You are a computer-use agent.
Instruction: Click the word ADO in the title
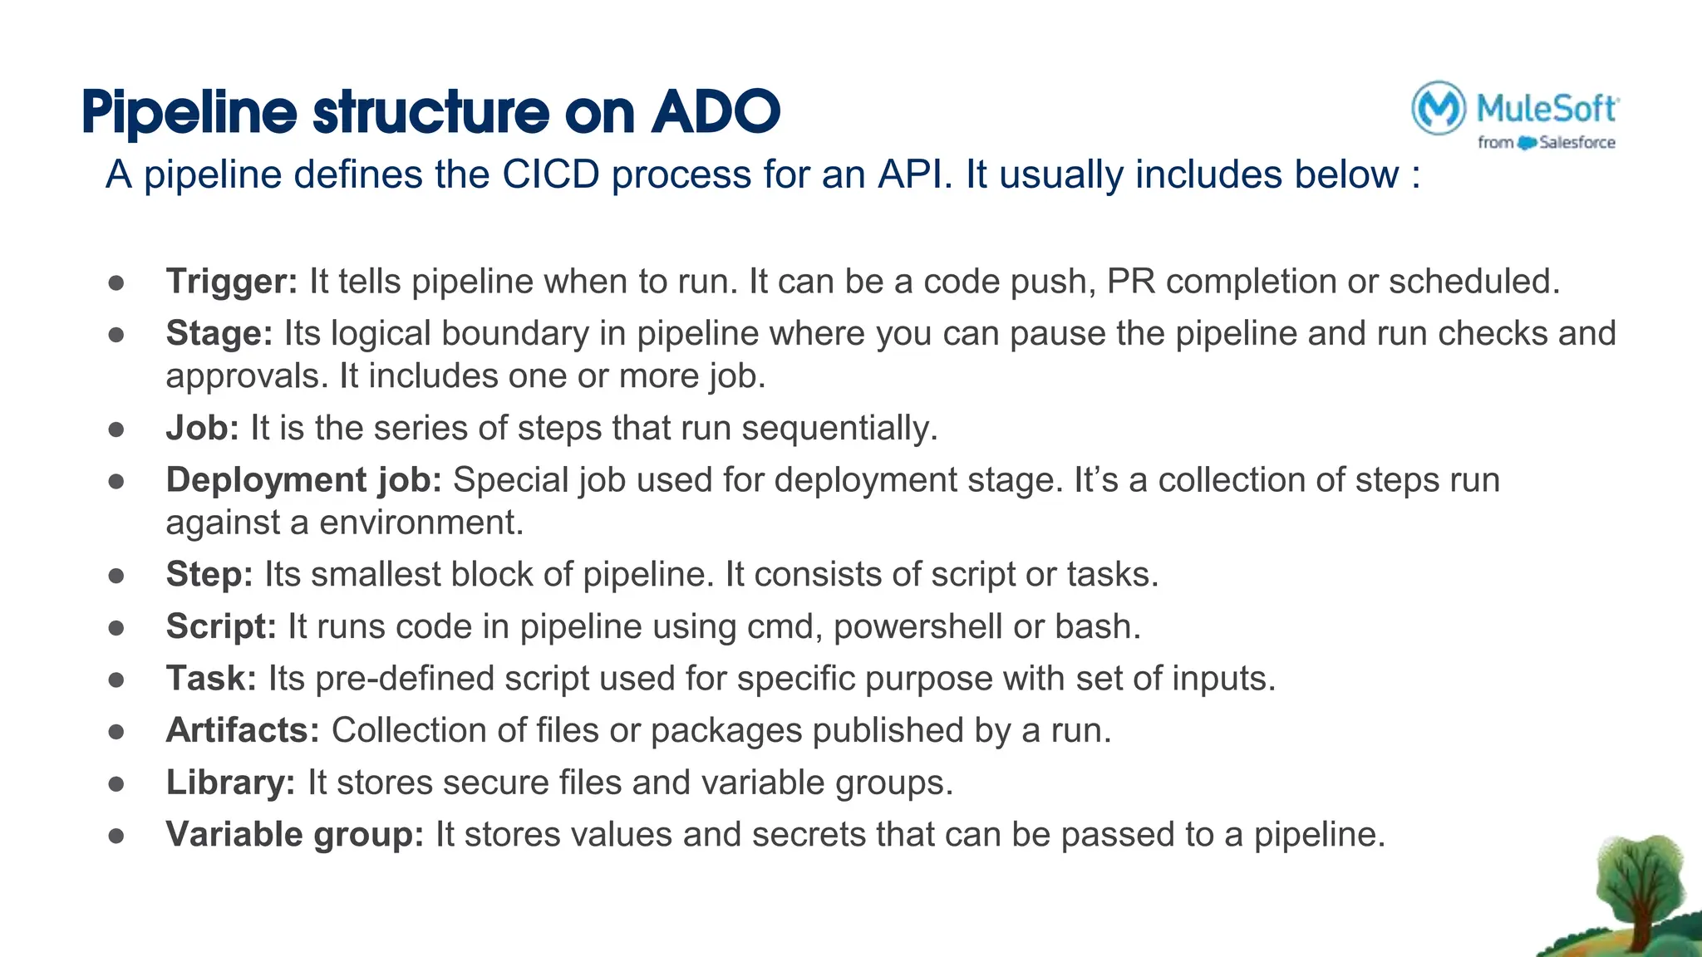coord(716,111)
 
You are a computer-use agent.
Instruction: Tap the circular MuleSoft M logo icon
coord(1438,108)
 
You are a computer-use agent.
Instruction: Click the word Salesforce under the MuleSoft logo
coord(1577,143)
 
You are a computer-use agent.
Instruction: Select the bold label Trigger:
coord(232,282)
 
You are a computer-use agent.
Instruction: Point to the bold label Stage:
coord(219,334)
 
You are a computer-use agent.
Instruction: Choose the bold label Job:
coord(202,429)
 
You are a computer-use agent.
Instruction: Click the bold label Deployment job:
coord(303,480)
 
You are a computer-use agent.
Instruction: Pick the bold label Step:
coord(209,575)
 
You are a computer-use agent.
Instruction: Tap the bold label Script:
coord(221,626)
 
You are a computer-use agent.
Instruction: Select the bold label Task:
coord(211,679)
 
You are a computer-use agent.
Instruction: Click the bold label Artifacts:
coord(243,731)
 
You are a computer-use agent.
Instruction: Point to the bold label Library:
coord(230,783)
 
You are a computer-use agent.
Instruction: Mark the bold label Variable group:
coord(295,835)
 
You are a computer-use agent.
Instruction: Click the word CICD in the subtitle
coord(550,175)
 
